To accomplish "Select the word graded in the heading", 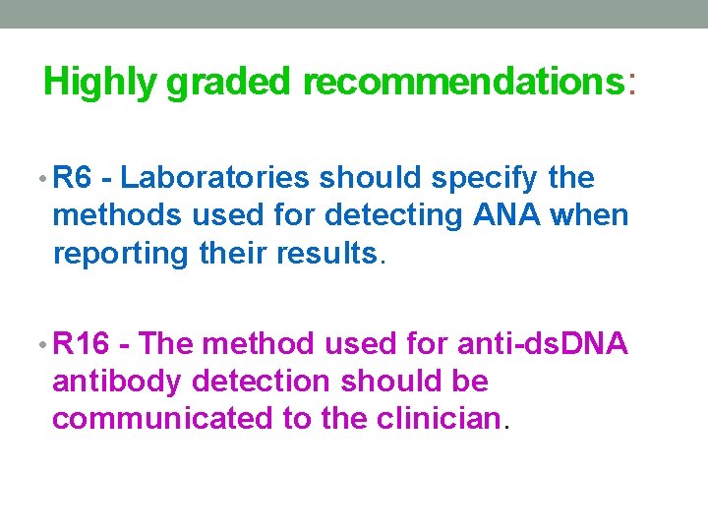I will click(228, 84).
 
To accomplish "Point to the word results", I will click(329, 253).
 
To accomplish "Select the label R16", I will click(80, 343).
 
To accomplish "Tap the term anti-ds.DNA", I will click(543, 343).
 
